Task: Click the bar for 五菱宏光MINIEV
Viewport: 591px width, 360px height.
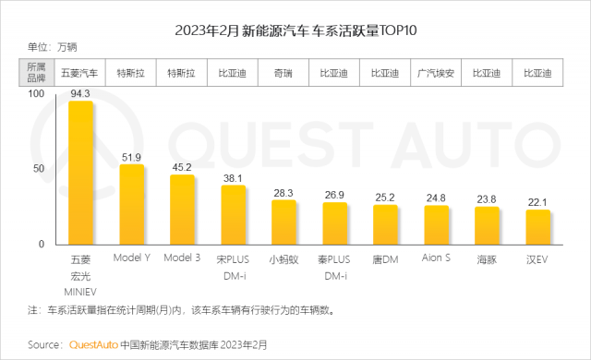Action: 80,173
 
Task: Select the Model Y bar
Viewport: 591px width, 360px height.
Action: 131,205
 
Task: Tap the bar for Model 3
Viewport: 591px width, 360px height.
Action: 182,210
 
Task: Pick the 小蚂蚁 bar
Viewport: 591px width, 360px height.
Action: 283,222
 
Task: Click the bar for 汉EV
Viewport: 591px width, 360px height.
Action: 537,227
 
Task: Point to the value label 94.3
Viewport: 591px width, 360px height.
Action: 80,94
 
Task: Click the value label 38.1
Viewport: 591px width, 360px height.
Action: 233,178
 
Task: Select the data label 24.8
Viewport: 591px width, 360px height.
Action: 436,198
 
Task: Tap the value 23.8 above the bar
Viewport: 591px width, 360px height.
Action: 487,199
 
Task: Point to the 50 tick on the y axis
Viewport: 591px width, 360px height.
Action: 39,169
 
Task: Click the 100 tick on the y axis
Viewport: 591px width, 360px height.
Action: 36,94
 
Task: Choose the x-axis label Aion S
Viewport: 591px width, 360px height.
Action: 436,258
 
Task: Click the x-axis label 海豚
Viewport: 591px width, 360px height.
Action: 487,259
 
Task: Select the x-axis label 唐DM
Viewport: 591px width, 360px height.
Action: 385,259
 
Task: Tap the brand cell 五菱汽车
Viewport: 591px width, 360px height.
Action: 79,73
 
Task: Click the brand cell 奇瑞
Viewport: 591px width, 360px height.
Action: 283,73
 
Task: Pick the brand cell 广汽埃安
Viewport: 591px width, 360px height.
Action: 436,73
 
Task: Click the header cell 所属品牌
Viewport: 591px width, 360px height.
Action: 36,72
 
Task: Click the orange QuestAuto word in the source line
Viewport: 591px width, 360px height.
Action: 93,345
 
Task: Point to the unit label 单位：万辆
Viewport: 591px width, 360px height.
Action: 52,47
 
